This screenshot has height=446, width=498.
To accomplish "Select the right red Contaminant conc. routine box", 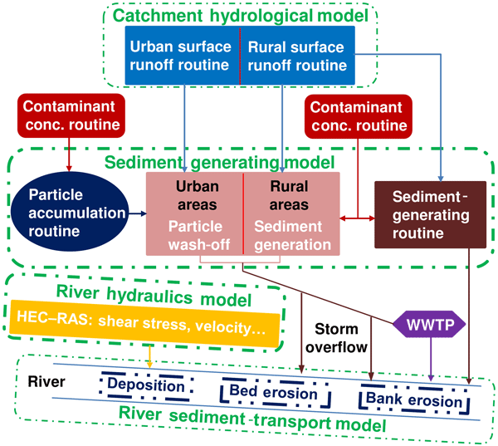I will [x=356, y=115].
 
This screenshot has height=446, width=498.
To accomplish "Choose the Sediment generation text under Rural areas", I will [x=290, y=235].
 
